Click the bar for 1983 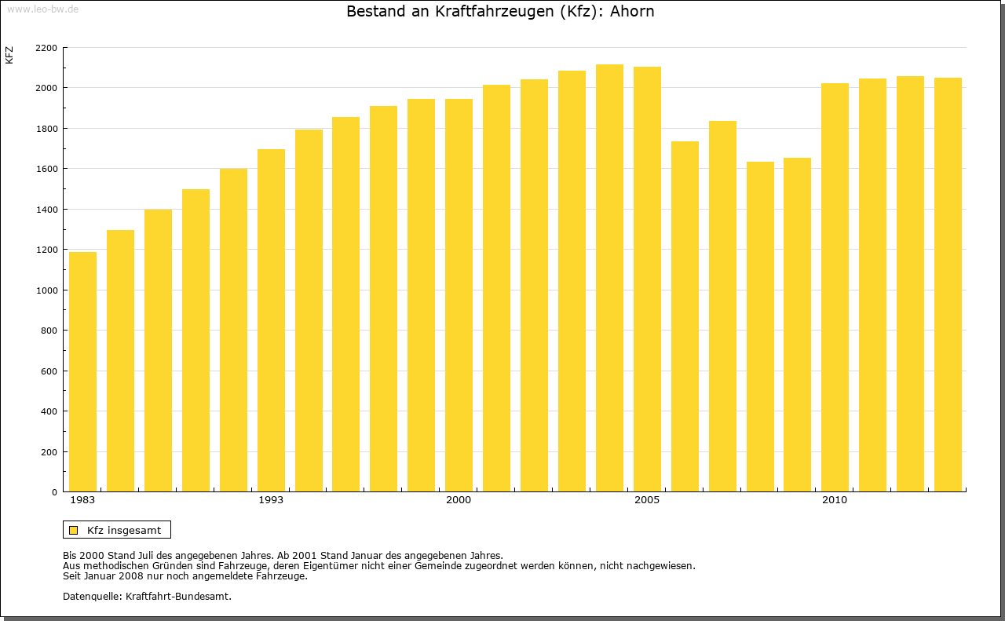click(82, 372)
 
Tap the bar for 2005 click(647, 279)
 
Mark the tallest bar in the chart click(609, 278)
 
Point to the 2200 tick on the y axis click(46, 48)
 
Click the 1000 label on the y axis click(46, 290)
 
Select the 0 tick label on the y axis click(53, 492)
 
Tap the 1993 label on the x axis click(271, 500)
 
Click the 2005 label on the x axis click(647, 500)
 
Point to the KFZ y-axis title click(9, 55)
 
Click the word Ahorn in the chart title click(632, 12)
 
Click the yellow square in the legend click(73, 530)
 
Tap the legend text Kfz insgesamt click(124, 530)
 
